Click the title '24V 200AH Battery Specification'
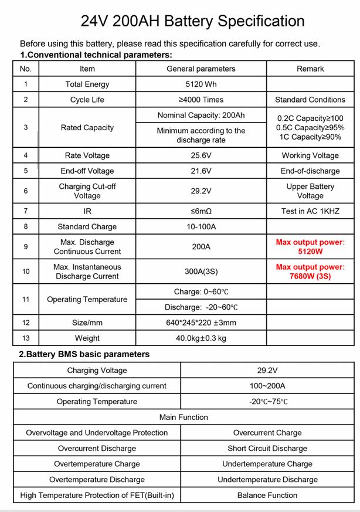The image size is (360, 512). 192,21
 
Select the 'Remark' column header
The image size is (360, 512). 310,69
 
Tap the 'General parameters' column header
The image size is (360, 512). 201,69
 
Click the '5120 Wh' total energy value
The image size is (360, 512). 201,84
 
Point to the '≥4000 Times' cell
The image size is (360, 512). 201,100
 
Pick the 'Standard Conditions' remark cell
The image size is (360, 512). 310,100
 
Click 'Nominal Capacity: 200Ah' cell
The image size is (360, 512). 201,115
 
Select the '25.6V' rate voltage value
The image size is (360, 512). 201,155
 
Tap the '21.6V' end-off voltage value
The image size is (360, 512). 201,171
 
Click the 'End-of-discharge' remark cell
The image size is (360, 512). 310,171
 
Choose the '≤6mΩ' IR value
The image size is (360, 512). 201,211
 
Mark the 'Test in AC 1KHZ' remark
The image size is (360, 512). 310,211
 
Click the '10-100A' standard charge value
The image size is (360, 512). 201,226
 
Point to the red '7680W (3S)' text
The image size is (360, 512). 310,276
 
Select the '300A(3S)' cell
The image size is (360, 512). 201,272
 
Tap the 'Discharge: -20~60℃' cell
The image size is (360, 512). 201,307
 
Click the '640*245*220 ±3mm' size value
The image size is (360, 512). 201,323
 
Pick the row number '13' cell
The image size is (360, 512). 26,338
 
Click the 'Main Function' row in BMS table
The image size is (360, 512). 184,417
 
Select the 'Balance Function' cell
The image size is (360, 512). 267,495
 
